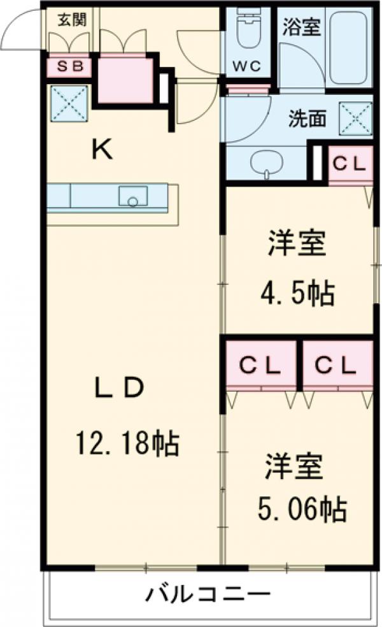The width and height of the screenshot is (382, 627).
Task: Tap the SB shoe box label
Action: point(68,66)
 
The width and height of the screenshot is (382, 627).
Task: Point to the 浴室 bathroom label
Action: point(302,26)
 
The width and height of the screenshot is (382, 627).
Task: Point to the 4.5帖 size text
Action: point(297,293)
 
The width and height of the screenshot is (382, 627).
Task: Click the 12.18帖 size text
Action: point(127,442)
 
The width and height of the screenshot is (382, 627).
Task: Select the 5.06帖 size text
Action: point(302,509)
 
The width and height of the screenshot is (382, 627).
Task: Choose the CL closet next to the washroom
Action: point(350,164)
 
